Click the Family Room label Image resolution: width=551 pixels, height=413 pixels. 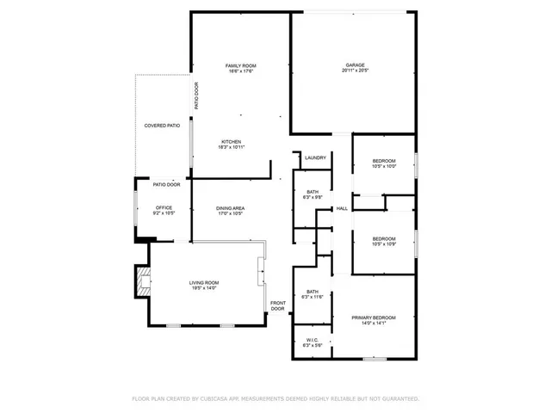241,66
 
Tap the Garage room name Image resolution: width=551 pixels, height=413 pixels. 356,65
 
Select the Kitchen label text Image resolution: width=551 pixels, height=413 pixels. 231,142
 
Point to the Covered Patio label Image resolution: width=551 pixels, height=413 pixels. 162,126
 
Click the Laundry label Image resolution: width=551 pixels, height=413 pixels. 314,157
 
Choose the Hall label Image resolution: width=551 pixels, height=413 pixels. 342,208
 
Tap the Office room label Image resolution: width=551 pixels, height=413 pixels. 164,207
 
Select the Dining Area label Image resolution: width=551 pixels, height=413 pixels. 230,208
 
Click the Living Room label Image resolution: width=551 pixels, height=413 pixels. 204,283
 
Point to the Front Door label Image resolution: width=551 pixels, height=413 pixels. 278,305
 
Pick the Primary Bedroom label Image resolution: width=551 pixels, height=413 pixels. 374,318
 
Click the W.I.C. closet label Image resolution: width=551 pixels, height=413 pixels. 313,340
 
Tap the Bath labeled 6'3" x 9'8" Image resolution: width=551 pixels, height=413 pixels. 313,192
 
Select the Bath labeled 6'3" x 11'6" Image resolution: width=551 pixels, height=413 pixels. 313,293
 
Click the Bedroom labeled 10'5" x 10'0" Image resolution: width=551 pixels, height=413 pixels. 384,162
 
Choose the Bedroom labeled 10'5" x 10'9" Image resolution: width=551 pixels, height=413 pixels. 384,238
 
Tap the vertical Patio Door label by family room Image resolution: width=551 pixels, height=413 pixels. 196,96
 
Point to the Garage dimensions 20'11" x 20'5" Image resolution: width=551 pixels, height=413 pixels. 356,71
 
